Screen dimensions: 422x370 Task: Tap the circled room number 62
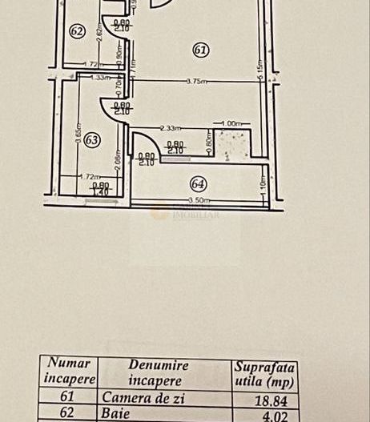pos(77,32)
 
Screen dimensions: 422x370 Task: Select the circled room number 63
pos(92,140)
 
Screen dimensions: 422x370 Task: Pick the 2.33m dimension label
pos(170,127)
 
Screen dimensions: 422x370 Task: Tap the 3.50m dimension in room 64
pos(198,200)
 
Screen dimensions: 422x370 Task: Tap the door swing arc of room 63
pos(107,106)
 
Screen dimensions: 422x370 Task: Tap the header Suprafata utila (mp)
pos(264,374)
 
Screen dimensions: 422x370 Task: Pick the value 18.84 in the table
pos(263,398)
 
